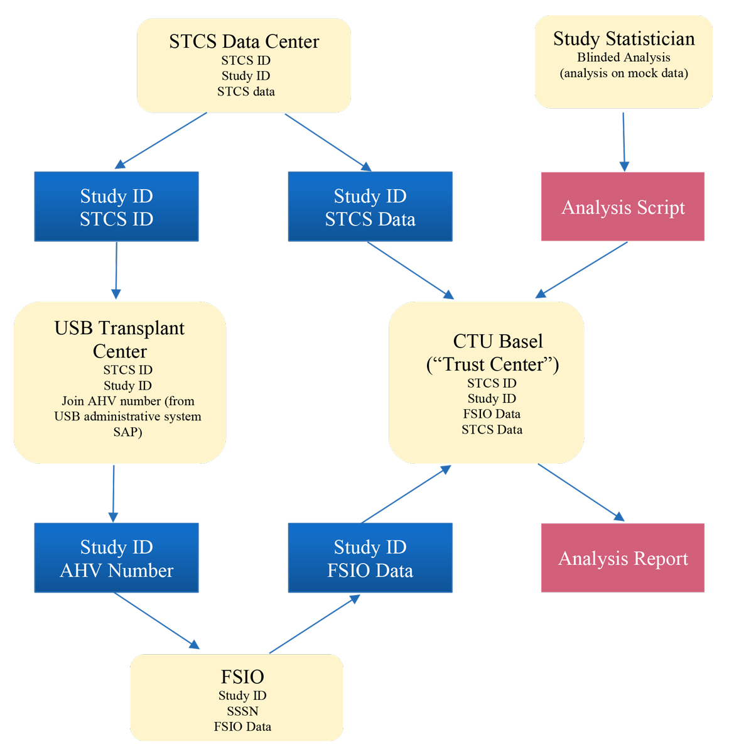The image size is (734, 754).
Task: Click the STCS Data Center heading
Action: coord(244,41)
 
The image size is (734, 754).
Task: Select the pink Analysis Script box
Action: coord(623,207)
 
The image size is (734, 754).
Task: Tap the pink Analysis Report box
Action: coord(623,558)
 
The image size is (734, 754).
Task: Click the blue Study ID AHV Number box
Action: coord(117,558)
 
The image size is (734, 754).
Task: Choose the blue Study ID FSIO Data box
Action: coord(370,558)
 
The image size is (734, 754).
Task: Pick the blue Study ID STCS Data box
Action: coord(370,207)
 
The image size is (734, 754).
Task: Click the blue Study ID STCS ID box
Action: coord(117,207)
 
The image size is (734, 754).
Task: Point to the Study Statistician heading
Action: coord(624,39)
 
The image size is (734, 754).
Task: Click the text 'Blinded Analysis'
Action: coord(624,58)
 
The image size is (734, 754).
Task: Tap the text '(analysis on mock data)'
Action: coord(624,74)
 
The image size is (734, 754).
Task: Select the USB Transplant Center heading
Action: coord(119,339)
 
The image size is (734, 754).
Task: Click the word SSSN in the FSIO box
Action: coord(242,711)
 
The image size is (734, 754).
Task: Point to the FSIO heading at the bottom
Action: coord(242,677)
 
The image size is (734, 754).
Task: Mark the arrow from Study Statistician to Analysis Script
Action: coord(623,142)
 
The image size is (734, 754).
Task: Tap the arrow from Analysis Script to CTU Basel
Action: coord(581,270)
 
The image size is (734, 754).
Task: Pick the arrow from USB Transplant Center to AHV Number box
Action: coord(114,493)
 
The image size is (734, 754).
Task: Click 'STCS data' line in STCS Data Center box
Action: coord(246,92)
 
